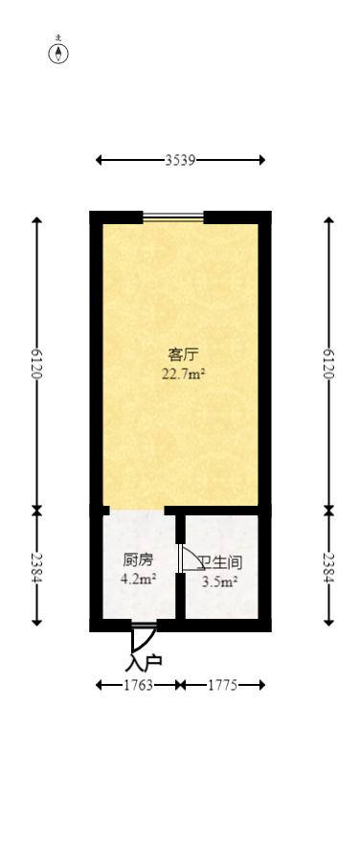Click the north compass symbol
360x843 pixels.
pos(59,53)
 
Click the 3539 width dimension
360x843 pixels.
pos(180,161)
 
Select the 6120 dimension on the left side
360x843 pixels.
pos(37,364)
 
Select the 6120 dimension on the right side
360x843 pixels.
pos(330,364)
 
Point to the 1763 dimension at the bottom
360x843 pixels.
pos(138,685)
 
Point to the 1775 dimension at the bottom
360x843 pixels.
pos(222,685)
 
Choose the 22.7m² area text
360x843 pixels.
pos(183,375)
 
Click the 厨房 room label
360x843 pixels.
pos(138,560)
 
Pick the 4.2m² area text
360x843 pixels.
pos(138,579)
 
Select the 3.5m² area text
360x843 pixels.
pos(220,580)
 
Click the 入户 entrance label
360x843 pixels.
pos(144,661)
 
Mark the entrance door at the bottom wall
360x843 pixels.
pos(144,627)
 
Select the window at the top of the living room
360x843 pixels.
pos(173,216)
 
